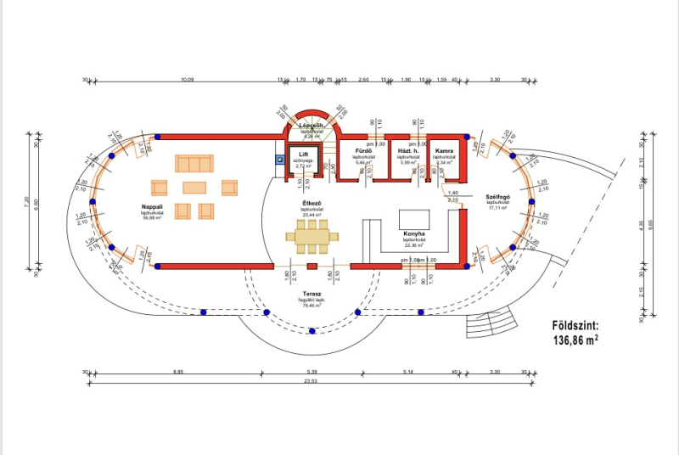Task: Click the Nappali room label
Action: (153, 206)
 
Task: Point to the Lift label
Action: (304, 154)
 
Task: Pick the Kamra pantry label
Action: (444, 152)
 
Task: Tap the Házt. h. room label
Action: (407, 152)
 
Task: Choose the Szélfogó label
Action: (497, 197)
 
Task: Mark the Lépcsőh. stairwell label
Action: (312, 126)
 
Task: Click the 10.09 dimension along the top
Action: (188, 79)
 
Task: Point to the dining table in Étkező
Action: (311, 236)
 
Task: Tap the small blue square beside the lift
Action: (279, 159)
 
